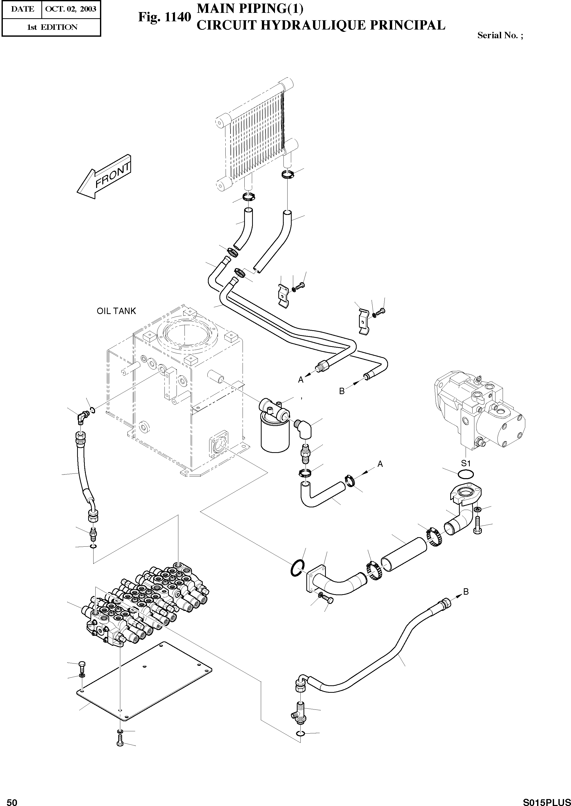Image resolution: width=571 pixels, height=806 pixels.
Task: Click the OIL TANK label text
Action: [x=116, y=311]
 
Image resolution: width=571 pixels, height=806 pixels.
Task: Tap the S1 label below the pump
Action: [x=466, y=462]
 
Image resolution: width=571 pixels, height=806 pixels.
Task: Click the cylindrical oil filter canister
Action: [x=275, y=436]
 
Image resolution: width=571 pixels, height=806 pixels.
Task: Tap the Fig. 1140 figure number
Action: [x=164, y=16]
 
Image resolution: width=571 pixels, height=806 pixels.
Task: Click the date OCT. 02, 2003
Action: [x=71, y=9]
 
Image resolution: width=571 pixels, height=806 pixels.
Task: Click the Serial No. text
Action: [x=500, y=35]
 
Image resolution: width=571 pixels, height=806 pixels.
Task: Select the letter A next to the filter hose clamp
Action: [x=380, y=464]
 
